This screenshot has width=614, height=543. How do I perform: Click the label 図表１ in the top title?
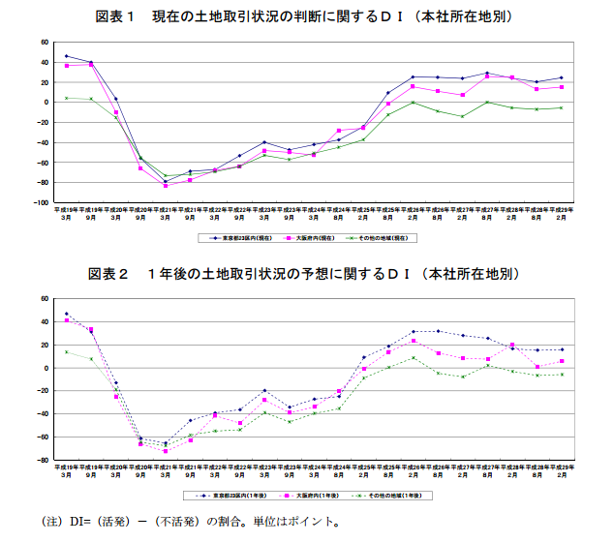[x=117, y=16]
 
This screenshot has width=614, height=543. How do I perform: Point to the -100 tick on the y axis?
[x=41, y=203]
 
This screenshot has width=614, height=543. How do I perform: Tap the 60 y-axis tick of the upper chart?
[x=45, y=43]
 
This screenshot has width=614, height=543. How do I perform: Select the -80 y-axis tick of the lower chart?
[x=45, y=460]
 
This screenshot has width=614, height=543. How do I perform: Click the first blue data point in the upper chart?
[x=66, y=56]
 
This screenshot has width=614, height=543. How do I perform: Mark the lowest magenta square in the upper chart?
[x=165, y=185]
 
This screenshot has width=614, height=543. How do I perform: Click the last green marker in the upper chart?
[x=561, y=107]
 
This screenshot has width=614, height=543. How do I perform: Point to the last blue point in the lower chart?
[x=561, y=349]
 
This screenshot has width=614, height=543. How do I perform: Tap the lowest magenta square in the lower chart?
[x=165, y=451]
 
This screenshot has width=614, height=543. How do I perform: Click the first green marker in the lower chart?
[x=66, y=351]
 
